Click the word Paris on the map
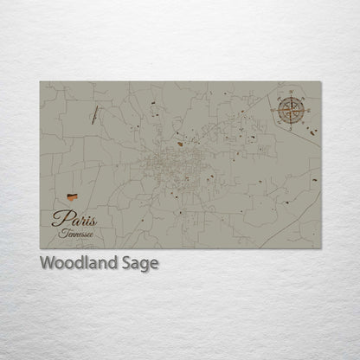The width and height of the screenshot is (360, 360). [74, 218]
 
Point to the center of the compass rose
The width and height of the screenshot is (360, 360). [292, 109]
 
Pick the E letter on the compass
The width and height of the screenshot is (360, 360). [308, 109]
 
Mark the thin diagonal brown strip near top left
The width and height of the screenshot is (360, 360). [93, 112]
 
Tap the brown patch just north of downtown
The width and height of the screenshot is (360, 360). [179, 145]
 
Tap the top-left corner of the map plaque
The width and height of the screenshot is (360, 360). [41, 82]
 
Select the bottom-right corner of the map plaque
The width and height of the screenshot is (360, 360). [321, 247]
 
